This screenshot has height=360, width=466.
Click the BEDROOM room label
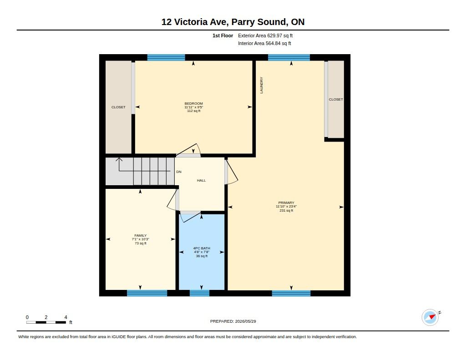click(193, 104)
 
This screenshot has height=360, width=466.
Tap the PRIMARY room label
click(286, 203)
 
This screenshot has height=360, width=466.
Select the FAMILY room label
click(140, 235)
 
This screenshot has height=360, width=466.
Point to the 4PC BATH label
click(202, 248)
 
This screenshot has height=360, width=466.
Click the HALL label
click(201, 180)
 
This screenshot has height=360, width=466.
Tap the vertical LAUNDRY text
click(262, 85)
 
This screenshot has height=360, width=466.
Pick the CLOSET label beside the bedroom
click(118, 107)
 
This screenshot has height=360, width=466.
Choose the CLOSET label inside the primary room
click(336, 99)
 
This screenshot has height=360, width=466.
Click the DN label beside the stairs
click(178, 172)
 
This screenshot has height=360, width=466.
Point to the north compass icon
click(430, 317)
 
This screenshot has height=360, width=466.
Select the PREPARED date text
click(233, 321)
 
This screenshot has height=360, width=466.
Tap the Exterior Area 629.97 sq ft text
click(265, 35)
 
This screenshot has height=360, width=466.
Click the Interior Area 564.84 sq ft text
click(264, 43)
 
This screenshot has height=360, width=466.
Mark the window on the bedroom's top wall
click(166, 57)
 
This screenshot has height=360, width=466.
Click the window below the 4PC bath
click(199, 293)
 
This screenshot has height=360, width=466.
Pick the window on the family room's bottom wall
click(147, 293)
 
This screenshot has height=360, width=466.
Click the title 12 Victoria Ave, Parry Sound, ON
click(233, 22)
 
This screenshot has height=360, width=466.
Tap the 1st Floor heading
click(223, 35)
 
